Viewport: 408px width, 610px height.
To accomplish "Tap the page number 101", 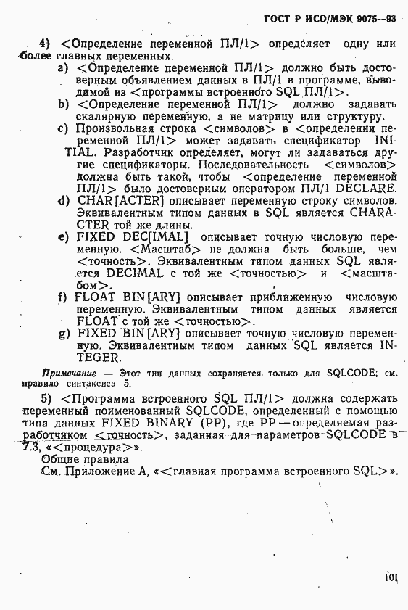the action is tap(391, 579).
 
